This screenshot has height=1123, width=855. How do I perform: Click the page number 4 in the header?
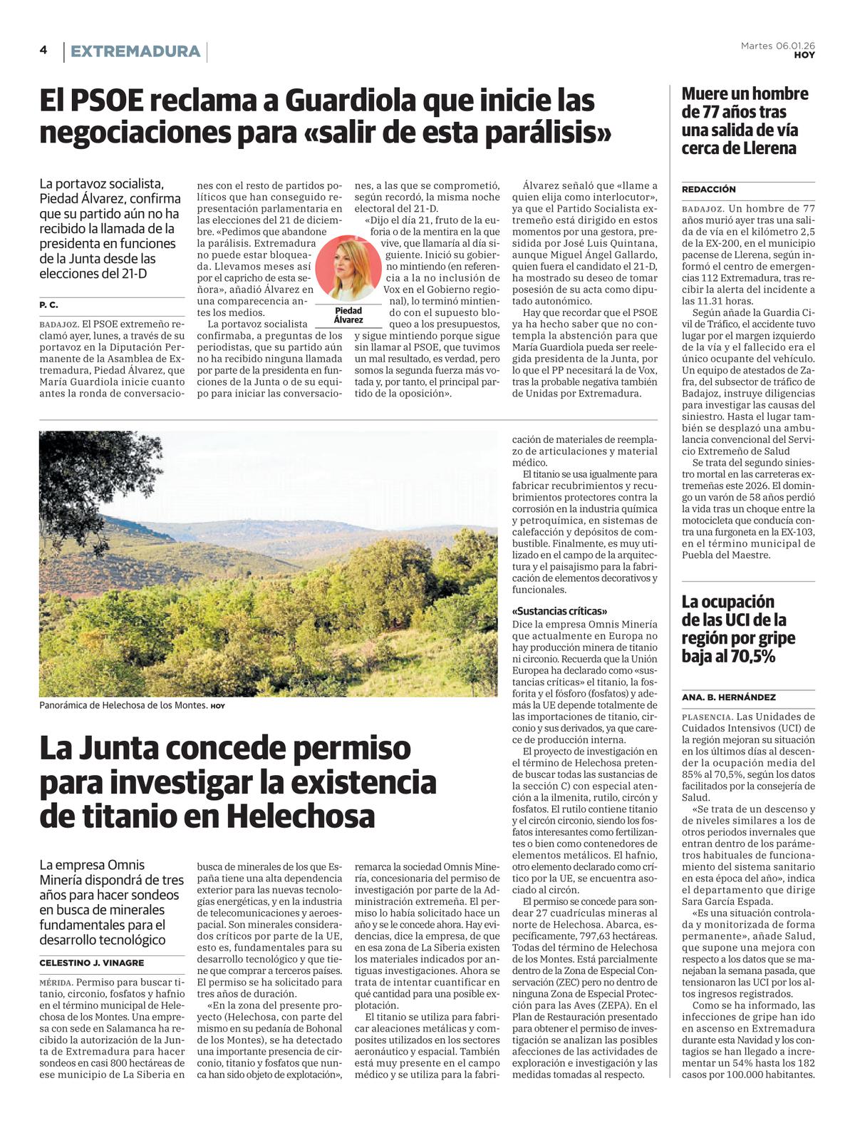(43, 50)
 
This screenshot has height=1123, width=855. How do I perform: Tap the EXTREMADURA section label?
(135, 51)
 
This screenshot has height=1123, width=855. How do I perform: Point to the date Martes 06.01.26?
(777, 46)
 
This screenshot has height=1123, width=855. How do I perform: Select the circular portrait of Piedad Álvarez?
(348, 267)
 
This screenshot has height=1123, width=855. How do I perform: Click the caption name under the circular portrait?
(348, 315)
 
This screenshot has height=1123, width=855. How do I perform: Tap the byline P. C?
(49, 304)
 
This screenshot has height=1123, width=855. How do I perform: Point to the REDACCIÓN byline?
(708, 189)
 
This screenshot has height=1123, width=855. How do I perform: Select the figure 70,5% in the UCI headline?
(750, 656)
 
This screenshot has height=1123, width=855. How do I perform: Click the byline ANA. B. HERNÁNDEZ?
(728, 697)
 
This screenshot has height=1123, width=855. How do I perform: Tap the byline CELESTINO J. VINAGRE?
(91, 963)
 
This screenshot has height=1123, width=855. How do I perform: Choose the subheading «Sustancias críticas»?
(559, 611)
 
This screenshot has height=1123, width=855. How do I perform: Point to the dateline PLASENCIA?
(707, 717)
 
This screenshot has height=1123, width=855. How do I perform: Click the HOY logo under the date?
(804, 55)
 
